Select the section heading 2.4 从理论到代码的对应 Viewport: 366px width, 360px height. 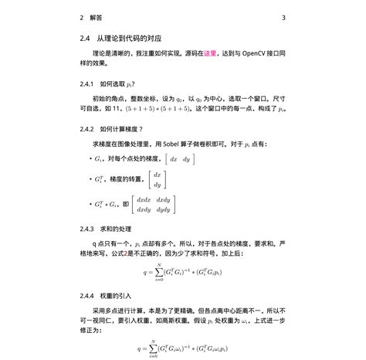125,37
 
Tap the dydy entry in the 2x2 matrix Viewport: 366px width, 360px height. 164,209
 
